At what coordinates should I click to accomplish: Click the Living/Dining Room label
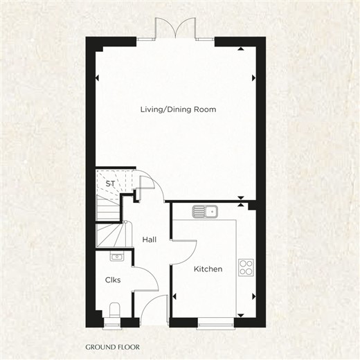click(179, 109)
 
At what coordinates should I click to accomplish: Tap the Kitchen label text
click(208, 269)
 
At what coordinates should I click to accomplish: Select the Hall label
click(150, 240)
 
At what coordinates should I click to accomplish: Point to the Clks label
click(113, 280)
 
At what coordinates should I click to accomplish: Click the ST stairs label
click(110, 183)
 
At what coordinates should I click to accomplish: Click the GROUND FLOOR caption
click(112, 347)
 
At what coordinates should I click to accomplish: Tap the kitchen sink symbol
click(205, 211)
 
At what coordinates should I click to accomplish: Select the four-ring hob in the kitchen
click(246, 267)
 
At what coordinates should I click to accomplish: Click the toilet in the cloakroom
click(114, 310)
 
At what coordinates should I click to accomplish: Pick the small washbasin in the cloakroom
click(117, 256)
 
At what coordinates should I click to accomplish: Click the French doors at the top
click(176, 29)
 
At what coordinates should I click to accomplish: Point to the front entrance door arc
click(147, 303)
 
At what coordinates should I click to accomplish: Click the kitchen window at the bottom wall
click(215, 325)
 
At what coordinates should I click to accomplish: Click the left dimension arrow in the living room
click(97, 78)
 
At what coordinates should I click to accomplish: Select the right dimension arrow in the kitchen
click(254, 296)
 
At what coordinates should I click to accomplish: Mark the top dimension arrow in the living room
click(241, 48)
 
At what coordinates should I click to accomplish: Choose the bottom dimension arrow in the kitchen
click(241, 315)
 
